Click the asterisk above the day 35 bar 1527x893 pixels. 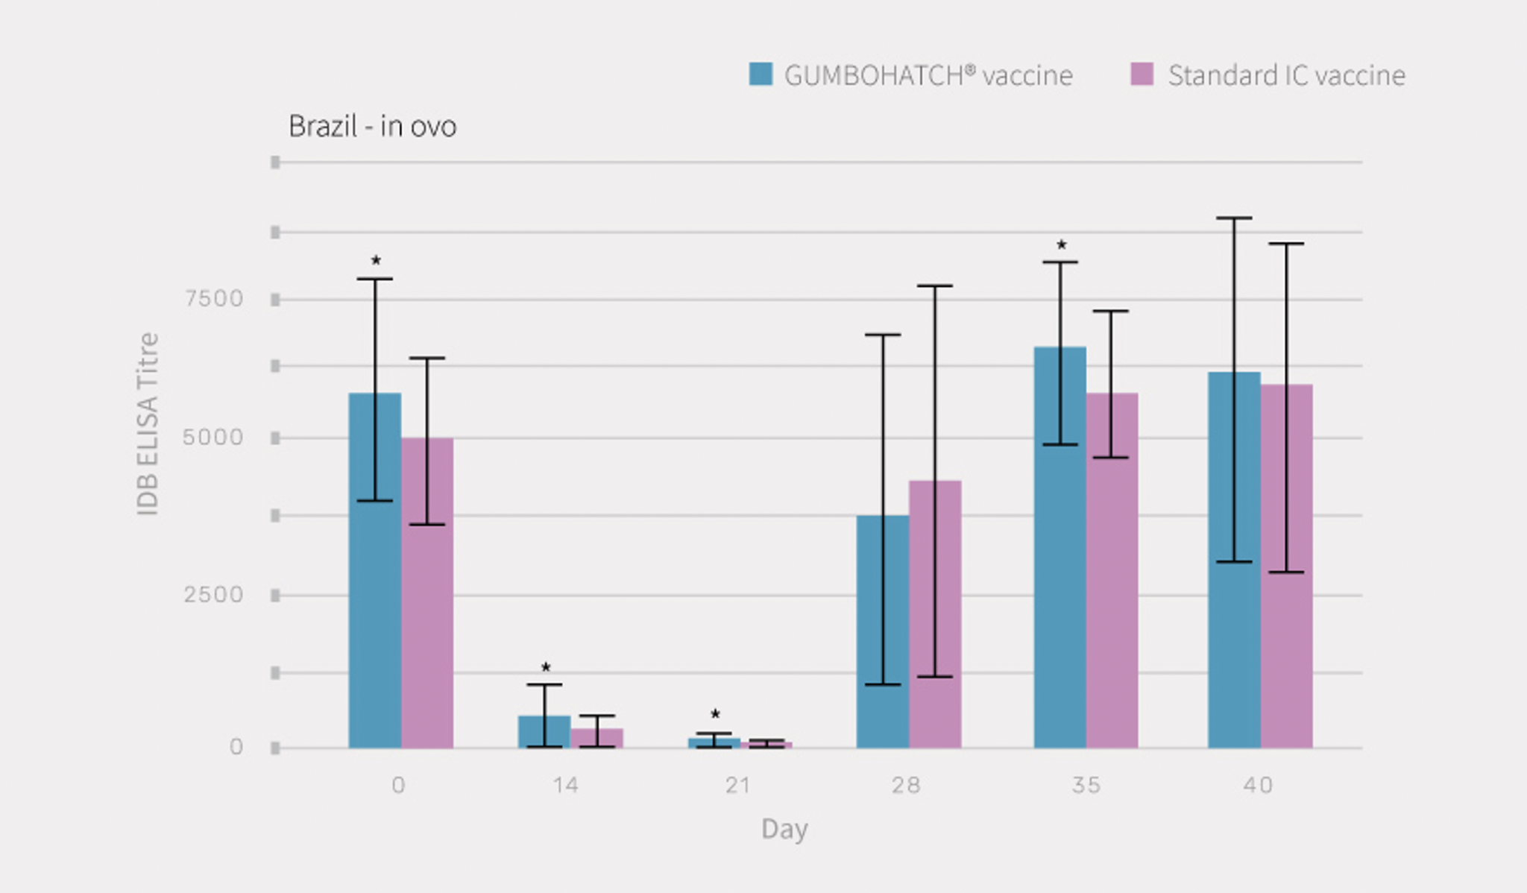pos(1062,244)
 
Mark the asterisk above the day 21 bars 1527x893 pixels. pos(715,713)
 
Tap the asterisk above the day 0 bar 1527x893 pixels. pos(376,260)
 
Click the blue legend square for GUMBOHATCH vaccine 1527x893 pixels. pos(761,74)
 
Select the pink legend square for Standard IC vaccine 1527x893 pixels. pos(1142,74)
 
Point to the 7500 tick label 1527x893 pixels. pos(214,299)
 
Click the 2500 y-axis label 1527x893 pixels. pos(213,595)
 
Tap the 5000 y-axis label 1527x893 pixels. pos(213,438)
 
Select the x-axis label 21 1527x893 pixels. pos(737,785)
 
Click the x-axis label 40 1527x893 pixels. pos(1258,785)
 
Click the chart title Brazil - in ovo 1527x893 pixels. pos(372,126)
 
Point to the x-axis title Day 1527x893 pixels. pos(784,829)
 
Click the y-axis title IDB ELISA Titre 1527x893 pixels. pos(148,423)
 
